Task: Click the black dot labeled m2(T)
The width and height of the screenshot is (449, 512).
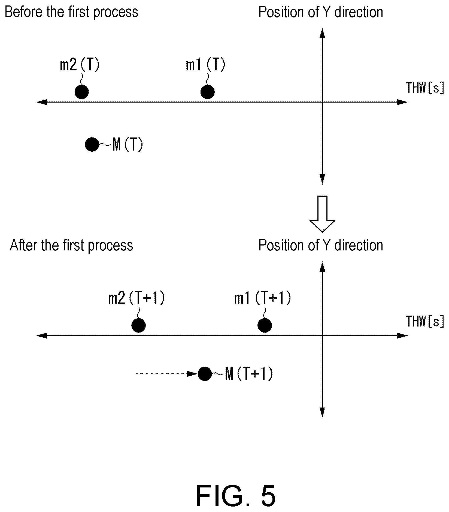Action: tap(81, 92)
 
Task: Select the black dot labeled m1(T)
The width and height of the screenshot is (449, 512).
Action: tap(207, 92)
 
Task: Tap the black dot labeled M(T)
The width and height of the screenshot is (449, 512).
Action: tap(92, 144)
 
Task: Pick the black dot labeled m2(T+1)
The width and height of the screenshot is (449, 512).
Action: tap(138, 325)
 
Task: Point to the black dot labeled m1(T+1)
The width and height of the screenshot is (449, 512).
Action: tap(265, 325)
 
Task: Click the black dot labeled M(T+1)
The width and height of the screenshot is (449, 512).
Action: tap(205, 374)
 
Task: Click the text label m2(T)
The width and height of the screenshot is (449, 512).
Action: tap(80, 65)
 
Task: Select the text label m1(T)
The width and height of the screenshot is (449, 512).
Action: tap(205, 65)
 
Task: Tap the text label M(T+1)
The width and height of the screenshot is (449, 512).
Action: tap(249, 374)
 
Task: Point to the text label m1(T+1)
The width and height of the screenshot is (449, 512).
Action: tap(263, 298)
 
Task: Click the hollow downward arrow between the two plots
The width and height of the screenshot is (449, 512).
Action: tap(322, 214)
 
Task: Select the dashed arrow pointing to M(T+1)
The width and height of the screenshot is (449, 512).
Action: tap(166, 374)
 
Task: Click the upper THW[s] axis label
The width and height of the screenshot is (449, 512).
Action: tap(425, 88)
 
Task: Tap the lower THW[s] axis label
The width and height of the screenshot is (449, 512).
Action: tap(425, 321)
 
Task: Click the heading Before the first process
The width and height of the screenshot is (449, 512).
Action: tap(71, 12)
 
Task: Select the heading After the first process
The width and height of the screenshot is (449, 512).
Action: tap(71, 245)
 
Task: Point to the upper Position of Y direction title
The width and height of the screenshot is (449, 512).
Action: tap(321, 12)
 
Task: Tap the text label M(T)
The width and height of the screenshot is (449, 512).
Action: tap(128, 145)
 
